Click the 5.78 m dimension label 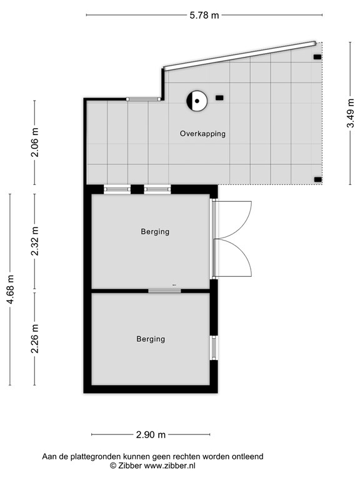tap(204, 15)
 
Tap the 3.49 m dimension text tap(351, 112)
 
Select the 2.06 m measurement tap(34, 142)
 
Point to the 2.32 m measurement tap(34, 241)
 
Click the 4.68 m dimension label tap(10, 289)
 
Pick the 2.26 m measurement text tap(34, 339)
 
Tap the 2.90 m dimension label tap(151, 434)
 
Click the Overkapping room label tap(202, 134)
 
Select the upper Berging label tap(155, 232)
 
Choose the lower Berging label tap(151, 339)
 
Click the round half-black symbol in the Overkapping tap(197, 101)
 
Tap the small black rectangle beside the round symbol tap(219, 98)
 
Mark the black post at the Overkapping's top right tap(317, 57)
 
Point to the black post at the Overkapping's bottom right tap(318, 180)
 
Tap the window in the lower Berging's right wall tap(214, 347)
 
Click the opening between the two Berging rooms tap(164, 291)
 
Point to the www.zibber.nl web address tap(169, 466)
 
